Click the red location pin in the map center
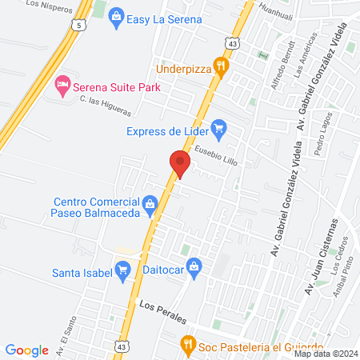pos(180,163)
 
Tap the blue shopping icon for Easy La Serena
pos(116,16)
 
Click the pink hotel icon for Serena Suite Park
pos(62,83)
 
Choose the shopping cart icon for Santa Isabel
pos(122,271)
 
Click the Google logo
pos(27,350)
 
